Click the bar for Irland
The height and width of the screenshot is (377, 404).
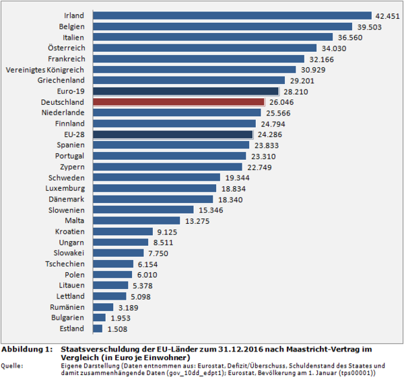232,15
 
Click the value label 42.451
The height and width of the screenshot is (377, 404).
387,15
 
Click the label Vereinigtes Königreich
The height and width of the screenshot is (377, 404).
45,69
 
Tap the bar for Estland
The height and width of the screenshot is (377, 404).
97,329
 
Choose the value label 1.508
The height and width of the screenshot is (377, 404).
117,329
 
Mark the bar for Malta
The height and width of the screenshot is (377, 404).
136,220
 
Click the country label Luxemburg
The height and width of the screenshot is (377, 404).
65,188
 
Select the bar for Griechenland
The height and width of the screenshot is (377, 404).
191,80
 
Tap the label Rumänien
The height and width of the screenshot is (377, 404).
67,307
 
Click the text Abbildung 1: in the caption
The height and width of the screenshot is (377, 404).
26,350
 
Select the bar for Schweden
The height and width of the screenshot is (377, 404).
156,177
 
